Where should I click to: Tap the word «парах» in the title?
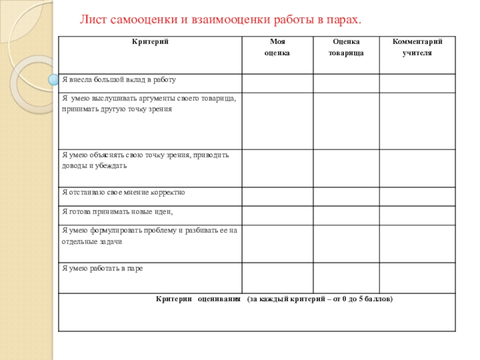coord(344,20)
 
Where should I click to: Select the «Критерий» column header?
coord(149,42)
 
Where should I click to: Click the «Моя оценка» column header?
coord(277,47)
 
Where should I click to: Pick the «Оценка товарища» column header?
coord(346,47)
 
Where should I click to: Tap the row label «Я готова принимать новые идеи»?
coord(118,212)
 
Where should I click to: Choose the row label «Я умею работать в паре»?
coord(103,268)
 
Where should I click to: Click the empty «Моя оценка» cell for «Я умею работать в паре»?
coord(277,278)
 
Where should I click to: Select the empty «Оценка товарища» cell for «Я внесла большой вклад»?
coord(346,83)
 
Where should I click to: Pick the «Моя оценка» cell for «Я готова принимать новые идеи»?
coord(277,215)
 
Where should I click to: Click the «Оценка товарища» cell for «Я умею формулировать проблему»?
coord(346,244)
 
